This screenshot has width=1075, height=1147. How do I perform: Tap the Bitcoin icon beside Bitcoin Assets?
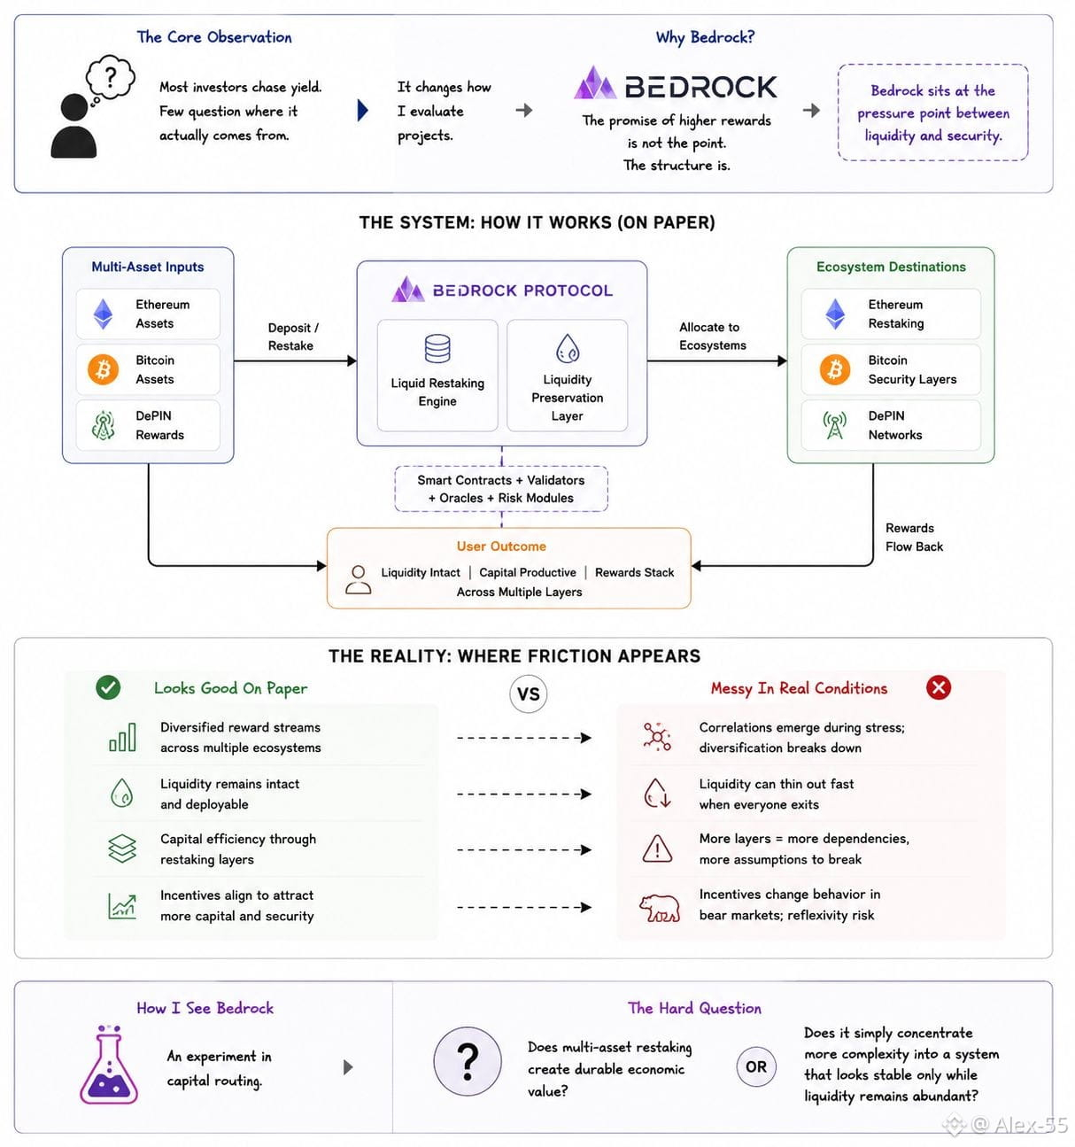(x=103, y=369)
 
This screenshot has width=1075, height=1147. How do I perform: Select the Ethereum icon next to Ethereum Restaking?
(x=835, y=314)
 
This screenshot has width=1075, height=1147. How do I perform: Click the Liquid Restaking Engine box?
(x=437, y=376)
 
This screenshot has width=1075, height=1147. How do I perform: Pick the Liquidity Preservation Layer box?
(x=568, y=376)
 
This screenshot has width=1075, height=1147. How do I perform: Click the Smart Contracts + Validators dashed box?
(x=501, y=489)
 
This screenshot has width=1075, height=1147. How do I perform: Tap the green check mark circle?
(x=108, y=687)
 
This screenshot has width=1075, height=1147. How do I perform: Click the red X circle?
(x=938, y=687)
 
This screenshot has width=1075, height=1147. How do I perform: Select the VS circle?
(x=528, y=694)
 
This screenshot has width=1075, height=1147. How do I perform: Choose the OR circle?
(x=756, y=1066)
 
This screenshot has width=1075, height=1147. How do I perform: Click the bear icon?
(x=659, y=907)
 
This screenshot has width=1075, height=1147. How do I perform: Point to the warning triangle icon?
(x=657, y=849)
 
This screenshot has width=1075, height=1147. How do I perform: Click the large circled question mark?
(x=468, y=1061)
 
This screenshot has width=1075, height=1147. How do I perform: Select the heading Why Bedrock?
(x=705, y=37)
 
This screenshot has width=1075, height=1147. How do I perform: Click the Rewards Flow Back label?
(x=914, y=537)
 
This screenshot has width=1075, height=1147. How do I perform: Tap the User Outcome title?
(x=501, y=546)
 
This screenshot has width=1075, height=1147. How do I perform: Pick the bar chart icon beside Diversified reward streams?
(x=122, y=737)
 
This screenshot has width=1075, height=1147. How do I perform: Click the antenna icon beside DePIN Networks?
(x=835, y=425)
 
